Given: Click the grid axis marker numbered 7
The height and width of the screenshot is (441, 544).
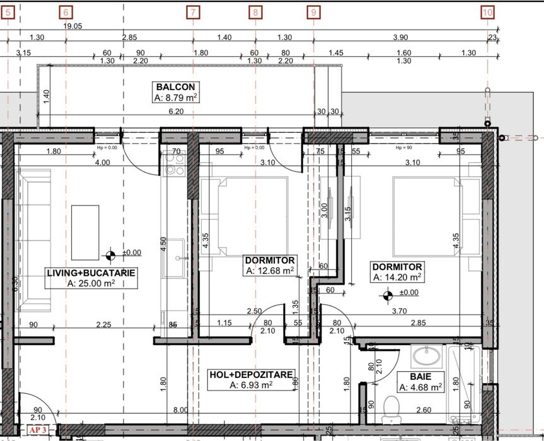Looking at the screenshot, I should tap(193, 11).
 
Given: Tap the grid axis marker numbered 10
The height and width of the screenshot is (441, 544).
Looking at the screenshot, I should tap(487, 11).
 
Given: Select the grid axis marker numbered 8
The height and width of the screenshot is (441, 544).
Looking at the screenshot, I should tap(255, 11).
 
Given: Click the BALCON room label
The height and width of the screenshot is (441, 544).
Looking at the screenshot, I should tap(176, 87).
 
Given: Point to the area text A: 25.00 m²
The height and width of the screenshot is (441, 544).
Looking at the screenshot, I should tap(91, 283).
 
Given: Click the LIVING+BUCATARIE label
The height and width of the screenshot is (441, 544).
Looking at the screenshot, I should tap(91, 273).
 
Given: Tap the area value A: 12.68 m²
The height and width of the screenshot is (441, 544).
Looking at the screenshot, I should tap(270, 271).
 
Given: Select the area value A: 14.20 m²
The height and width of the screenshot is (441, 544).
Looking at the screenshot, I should tap(397, 277).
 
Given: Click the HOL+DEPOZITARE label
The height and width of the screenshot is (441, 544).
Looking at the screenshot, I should tap(251, 375).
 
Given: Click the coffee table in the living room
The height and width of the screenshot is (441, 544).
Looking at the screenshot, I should tap(85, 232).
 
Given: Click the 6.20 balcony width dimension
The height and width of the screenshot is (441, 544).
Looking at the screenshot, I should tap(176, 112).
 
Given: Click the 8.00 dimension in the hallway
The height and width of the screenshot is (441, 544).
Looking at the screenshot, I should tap(180, 410).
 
